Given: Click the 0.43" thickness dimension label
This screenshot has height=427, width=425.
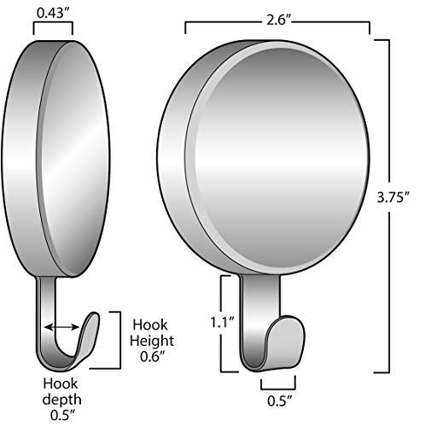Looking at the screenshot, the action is tap(54, 14).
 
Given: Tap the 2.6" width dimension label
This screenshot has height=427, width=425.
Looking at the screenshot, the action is tap(279, 20).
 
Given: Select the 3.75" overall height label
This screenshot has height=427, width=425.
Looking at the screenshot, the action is tap(393, 197).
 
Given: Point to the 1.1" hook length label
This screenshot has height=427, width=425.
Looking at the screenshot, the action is tap(222, 322).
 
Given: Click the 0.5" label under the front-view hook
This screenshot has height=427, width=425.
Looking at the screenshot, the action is tap(280, 401).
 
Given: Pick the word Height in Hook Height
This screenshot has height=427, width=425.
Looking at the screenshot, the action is tap(152, 341).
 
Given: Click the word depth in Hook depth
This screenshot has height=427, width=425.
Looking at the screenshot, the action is tap(61, 400).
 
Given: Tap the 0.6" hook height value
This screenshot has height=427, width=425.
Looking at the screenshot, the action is tap(153, 356).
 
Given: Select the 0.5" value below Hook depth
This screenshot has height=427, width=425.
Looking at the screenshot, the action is tap(63, 415).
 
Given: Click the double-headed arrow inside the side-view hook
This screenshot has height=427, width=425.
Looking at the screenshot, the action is tap(61, 327).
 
